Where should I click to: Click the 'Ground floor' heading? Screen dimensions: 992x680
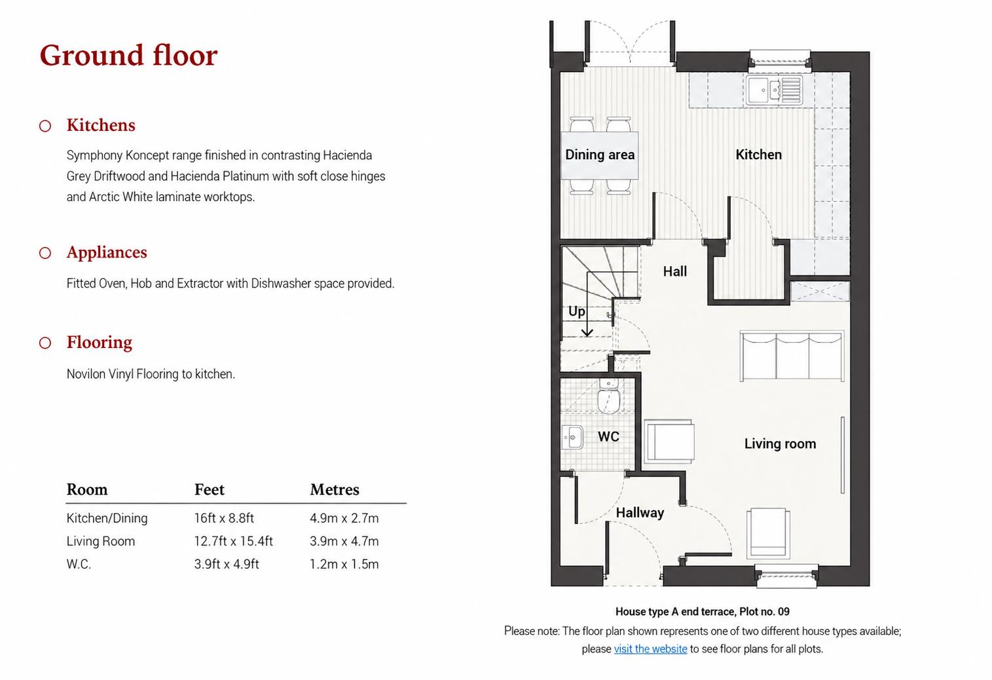click(128, 56)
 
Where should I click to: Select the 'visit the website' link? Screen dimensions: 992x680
click(650, 649)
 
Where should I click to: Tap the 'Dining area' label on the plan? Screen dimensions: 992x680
click(600, 155)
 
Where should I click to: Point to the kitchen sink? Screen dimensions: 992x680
click(774, 90)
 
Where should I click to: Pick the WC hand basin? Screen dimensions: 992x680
click(572, 437)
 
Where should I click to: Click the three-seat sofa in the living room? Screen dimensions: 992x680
click(792, 356)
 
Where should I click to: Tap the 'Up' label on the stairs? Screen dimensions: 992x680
click(577, 311)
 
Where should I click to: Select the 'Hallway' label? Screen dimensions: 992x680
click(640, 512)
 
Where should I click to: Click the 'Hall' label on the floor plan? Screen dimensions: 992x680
click(675, 271)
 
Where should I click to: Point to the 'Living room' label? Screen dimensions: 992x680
click(780, 444)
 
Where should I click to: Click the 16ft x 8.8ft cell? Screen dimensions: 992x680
click(224, 518)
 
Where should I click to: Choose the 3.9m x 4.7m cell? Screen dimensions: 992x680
click(344, 541)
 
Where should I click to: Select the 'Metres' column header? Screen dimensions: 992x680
click(335, 489)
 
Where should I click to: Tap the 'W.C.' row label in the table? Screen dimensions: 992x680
click(79, 564)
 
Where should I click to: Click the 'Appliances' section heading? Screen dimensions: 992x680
click(107, 252)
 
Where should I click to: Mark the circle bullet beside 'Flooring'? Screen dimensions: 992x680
click(45, 343)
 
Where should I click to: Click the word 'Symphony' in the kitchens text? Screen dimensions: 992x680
click(95, 155)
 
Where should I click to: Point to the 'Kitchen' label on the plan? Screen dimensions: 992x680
click(759, 155)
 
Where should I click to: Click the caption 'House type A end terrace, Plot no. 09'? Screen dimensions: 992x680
click(703, 612)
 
